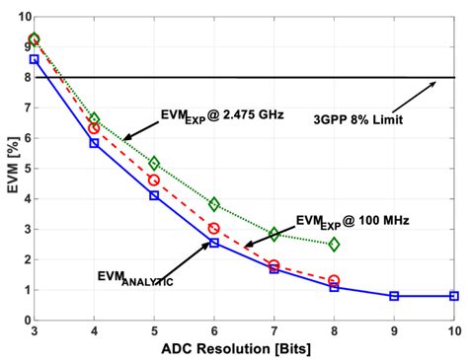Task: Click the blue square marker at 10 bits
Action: pyautogui.click(x=454, y=296)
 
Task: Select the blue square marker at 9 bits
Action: pyautogui.click(x=394, y=296)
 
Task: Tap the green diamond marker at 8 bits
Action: pyautogui.click(x=334, y=244)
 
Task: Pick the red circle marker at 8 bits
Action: pyautogui.click(x=334, y=280)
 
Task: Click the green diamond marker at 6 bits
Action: pyautogui.click(x=214, y=204)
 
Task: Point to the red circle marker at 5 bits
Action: pyautogui.click(x=154, y=180)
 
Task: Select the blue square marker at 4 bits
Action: pyautogui.click(x=94, y=143)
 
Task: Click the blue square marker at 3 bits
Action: pyautogui.click(x=35, y=59)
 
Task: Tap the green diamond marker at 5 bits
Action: pyautogui.click(x=154, y=163)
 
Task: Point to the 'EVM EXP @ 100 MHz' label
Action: pyautogui.click(x=353, y=221)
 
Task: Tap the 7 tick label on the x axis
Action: pyautogui.click(x=274, y=332)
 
